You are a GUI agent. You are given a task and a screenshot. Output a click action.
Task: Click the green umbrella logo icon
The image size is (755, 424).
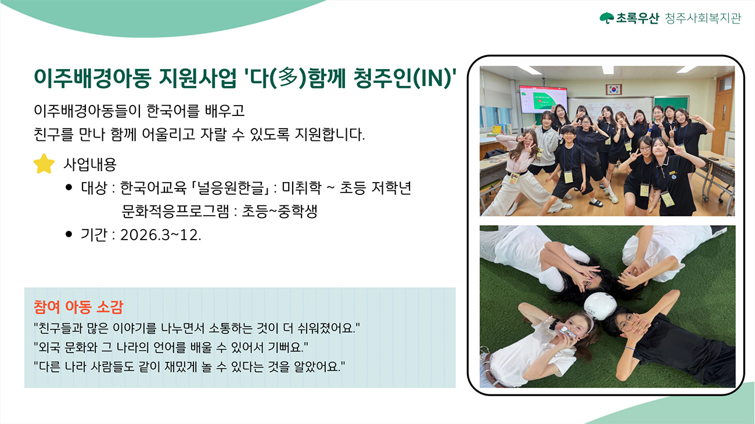click(x=607, y=18)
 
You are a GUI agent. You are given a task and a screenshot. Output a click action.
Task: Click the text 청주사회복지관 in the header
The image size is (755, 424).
click(x=702, y=18)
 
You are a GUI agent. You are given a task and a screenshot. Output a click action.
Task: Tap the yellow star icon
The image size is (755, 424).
click(x=44, y=164)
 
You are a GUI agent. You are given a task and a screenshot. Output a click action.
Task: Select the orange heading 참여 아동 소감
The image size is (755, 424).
click(x=78, y=307)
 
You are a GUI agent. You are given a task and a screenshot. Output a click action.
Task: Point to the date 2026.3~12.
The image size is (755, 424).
click(x=160, y=235)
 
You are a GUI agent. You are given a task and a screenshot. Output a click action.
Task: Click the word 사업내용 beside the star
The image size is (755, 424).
click(x=90, y=164)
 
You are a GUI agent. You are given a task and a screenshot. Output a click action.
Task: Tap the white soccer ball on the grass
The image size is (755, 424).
click(x=601, y=306)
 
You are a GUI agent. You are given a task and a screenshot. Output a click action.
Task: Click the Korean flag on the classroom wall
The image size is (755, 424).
click(x=613, y=89)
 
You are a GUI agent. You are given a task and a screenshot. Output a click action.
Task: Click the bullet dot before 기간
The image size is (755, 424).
click(x=69, y=234)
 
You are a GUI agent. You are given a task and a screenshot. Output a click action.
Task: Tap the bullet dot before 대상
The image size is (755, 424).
click(x=69, y=187)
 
